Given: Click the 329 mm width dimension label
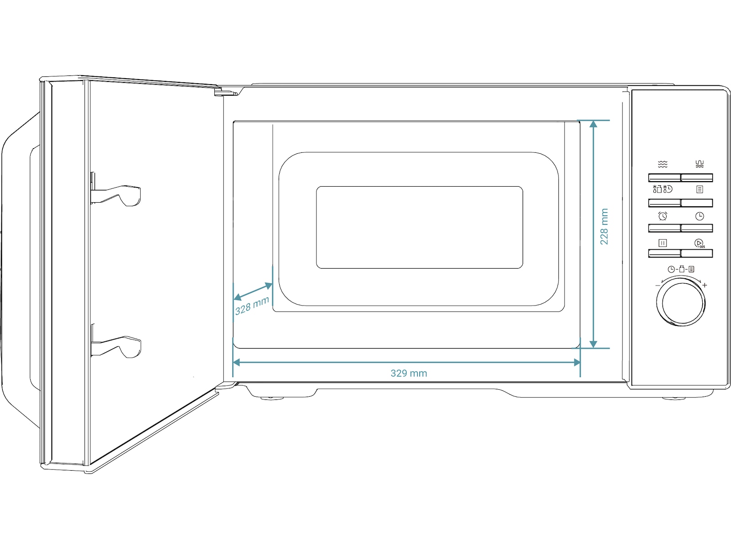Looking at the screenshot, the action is click(x=408, y=373).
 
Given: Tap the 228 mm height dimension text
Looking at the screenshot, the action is click(x=604, y=226).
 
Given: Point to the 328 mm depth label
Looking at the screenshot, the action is click(x=252, y=306).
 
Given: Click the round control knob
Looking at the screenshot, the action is click(x=681, y=304).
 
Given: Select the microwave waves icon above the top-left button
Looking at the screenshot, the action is click(x=663, y=164).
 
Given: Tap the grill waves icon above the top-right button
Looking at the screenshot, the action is click(x=699, y=164).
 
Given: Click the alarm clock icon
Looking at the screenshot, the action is click(x=663, y=216).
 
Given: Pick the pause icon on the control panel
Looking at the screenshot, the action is click(x=663, y=243).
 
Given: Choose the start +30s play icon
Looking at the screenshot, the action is click(x=699, y=243).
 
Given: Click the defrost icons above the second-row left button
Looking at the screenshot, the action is click(x=662, y=189).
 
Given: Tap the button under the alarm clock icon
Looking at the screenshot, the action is click(x=664, y=228).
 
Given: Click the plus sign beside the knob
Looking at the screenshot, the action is click(x=705, y=285).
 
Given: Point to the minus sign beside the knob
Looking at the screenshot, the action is click(x=658, y=285).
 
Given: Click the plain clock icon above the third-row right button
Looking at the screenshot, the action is click(x=699, y=216).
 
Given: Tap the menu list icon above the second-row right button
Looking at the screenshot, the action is click(x=699, y=189).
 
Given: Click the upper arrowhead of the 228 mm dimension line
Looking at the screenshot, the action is click(x=593, y=124).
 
